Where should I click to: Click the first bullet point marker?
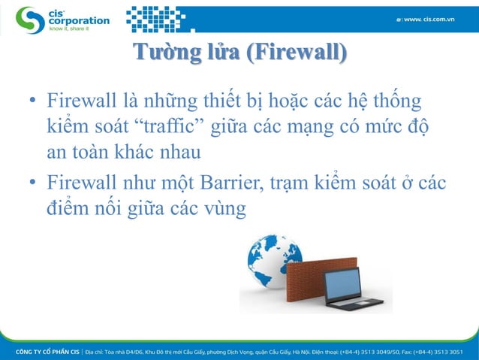coord(33,101)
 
